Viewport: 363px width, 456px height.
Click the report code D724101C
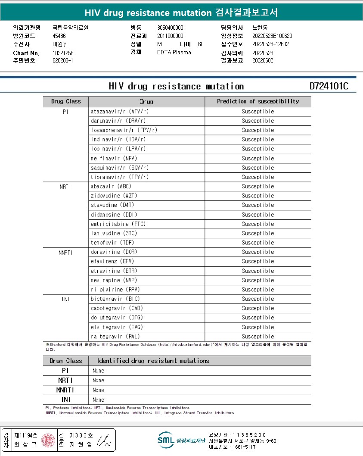tap(329, 86)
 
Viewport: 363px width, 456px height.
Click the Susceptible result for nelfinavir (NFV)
tap(258, 158)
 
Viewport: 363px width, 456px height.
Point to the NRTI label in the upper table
tap(65, 187)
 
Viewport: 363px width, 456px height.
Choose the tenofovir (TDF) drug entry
tap(112, 243)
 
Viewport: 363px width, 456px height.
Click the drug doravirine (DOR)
tap(114, 252)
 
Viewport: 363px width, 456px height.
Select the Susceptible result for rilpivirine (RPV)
tap(258, 290)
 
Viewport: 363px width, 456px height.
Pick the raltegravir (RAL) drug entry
tap(115, 337)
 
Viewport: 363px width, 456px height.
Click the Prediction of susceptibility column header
tap(258, 102)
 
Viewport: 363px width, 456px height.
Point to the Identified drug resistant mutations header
tap(153, 361)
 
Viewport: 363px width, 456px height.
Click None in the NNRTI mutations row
tap(98, 390)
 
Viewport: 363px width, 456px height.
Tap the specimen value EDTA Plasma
tap(174, 53)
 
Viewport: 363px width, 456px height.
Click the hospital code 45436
tap(59, 36)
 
